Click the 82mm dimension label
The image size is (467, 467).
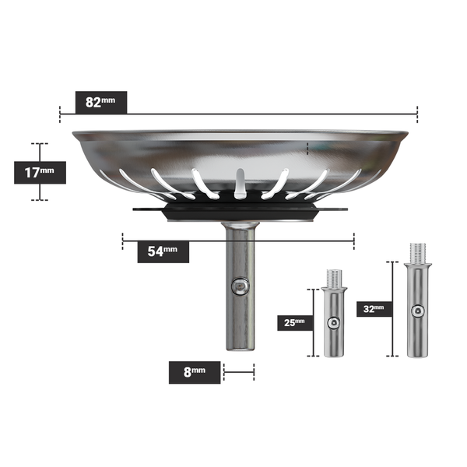click(100, 102)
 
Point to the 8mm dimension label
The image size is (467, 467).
click(195, 372)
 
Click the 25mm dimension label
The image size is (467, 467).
click(294, 322)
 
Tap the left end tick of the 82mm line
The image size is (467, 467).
click(60, 114)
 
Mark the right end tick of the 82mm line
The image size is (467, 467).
click(417, 114)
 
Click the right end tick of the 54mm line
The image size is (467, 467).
click(353, 241)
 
